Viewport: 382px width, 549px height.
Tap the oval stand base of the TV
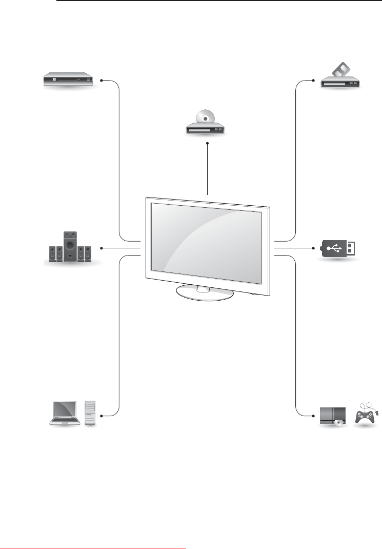205,292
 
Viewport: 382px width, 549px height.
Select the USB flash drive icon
338,249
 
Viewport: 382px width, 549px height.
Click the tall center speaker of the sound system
70,246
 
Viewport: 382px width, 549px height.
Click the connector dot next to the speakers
102,248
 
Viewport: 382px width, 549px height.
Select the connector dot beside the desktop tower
102,415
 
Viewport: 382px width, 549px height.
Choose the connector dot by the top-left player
102,81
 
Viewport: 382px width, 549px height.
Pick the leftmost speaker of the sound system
52,253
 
